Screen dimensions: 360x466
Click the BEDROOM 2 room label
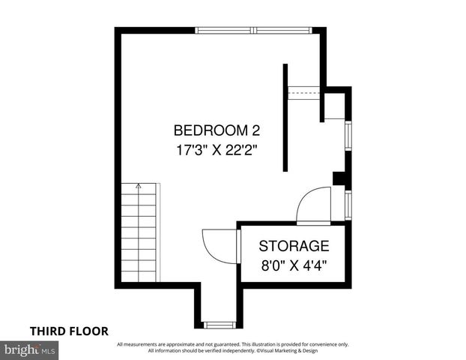217,129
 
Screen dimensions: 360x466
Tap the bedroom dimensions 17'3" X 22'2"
217,149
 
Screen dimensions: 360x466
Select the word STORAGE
294,245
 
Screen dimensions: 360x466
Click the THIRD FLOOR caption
69,330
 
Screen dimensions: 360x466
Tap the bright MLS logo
30,349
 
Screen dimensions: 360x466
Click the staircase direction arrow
138,187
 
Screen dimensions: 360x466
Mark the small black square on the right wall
339,178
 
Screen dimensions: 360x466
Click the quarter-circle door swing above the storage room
313,206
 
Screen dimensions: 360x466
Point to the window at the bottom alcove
220,325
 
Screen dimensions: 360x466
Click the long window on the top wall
254,31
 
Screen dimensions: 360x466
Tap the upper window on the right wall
348,135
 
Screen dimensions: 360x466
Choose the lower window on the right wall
348,203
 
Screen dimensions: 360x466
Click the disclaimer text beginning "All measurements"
232,344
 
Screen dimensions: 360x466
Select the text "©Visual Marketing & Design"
292,351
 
